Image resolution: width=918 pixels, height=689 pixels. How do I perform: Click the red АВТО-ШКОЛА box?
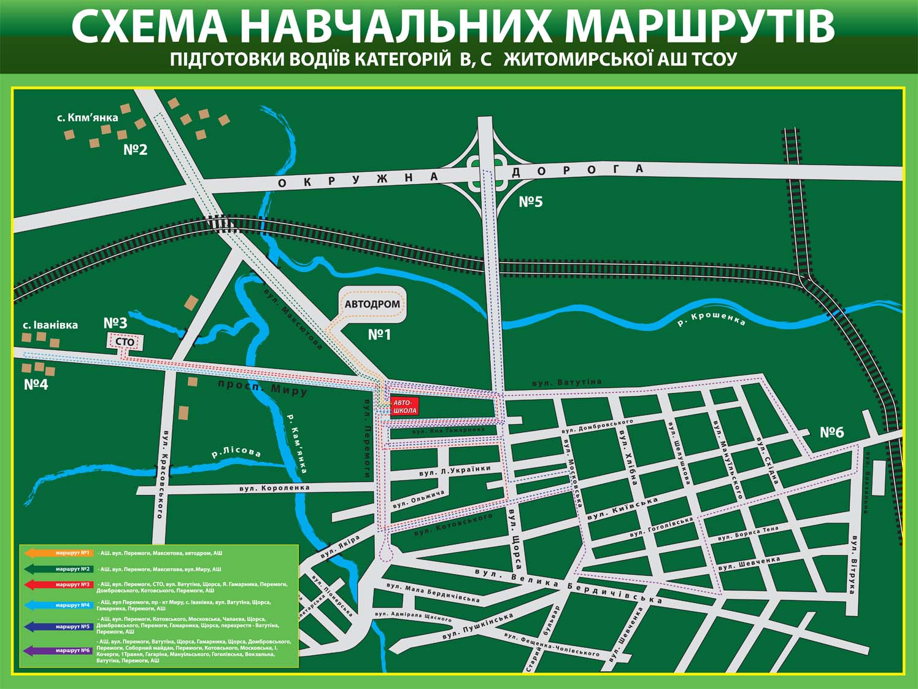click(405, 406)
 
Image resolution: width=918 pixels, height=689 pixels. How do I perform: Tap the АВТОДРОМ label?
click(372, 304)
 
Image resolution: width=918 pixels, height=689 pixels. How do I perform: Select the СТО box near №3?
click(125, 342)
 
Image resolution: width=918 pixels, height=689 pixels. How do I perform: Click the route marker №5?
click(531, 201)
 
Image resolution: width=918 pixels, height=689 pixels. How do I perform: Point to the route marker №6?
click(831, 432)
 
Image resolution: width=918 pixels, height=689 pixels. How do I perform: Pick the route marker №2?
click(135, 150)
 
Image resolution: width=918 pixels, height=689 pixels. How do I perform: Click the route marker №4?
click(36, 385)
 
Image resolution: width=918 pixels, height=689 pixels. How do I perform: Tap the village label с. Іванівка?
click(50, 325)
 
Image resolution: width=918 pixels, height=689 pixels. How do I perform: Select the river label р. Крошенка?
click(711, 319)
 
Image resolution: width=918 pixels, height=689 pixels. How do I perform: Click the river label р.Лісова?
click(236, 453)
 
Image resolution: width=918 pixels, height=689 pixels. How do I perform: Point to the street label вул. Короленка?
click(277, 488)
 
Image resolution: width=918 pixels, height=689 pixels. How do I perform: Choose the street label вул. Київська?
click(622, 510)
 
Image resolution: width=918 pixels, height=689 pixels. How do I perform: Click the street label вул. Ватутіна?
click(567, 383)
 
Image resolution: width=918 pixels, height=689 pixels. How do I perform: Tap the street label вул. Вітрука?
click(853, 564)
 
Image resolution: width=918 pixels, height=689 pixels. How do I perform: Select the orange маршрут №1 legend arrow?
click(59, 553)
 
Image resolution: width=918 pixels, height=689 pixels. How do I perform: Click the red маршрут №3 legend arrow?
click(59, 585)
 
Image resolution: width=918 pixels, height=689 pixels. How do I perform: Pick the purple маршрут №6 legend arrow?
click(59, 650)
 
